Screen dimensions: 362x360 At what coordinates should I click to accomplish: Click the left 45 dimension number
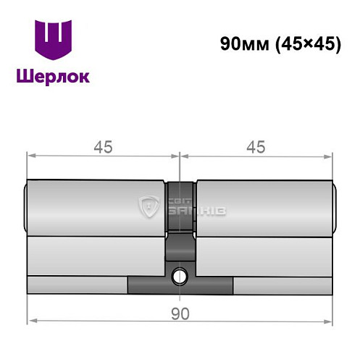(x=102, y=146)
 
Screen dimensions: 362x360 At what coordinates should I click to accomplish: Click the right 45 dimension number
(x=254, y=146)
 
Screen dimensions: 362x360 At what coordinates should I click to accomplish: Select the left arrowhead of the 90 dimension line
(x=31, y=321)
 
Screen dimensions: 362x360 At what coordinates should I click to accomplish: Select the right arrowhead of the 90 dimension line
(x=330, y=321)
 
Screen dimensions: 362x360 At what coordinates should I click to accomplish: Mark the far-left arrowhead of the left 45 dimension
(x=31, y=154)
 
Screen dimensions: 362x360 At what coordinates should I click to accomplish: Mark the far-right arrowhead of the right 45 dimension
(x=330, y=154)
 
